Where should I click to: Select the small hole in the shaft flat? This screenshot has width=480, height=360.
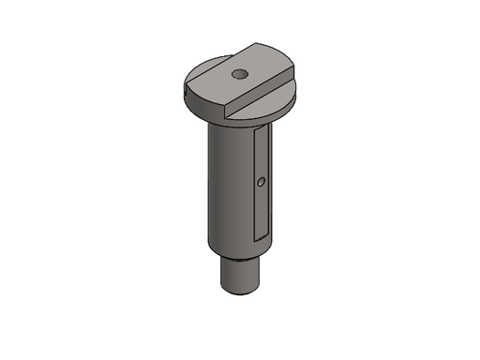pyautogui.click(x=262, y=181)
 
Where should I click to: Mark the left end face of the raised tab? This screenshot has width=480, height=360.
pyautogui.click(x=190, y=91)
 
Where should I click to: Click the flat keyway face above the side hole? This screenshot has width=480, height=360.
pyautogui.click(x=262, y=150)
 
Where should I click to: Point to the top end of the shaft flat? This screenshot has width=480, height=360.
pyautogui.click(x=263, y=128)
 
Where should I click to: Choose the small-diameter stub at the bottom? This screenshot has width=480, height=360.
pyautogui.click(x=241, y=275)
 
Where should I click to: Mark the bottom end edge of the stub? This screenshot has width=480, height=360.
pyautogui.click(x=241, y=292)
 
